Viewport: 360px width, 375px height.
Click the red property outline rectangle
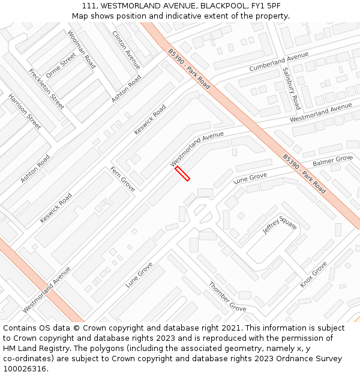coord(182,173)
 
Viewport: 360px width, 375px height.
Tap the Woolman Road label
coord(82,49)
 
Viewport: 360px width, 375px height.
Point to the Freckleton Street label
coord(46,89)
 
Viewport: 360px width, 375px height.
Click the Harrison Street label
coord(25,111)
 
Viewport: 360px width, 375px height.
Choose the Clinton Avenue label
coord(127,49)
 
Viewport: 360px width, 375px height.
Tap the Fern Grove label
coord(122,179)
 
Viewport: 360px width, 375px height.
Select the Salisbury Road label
coord(291,88)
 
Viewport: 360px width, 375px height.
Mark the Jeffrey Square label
coord(280,226)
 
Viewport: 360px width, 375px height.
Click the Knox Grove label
coord(313,274)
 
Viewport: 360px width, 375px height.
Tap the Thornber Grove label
coord(227,296)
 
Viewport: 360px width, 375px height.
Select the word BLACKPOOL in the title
coord(223,6)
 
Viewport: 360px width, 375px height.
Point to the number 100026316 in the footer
coord(25,368)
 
